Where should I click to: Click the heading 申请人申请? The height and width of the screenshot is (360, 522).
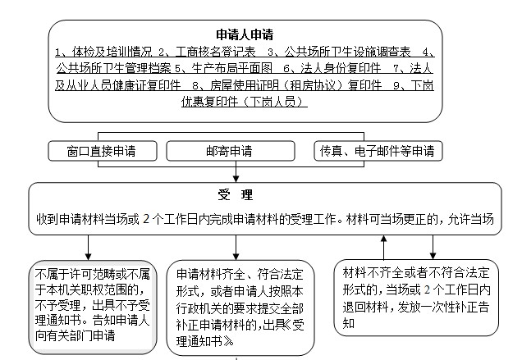(245, 34)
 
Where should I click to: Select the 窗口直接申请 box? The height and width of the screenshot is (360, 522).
(103, 151)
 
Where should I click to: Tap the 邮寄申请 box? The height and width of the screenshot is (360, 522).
(231, 151)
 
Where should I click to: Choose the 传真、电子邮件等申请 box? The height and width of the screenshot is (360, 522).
(378, 151)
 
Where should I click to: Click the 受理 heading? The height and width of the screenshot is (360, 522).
(236, 194)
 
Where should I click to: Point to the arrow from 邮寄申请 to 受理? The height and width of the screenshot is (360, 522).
(236, 171)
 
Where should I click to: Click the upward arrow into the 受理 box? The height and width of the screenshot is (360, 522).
(383, 248)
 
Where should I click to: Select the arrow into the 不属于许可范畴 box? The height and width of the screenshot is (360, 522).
(88, 248)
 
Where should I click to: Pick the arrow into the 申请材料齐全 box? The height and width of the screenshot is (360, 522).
(236, 248)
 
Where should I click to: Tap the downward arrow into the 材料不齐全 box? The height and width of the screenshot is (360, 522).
(433, 247)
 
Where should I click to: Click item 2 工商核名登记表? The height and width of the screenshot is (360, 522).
(207, 52)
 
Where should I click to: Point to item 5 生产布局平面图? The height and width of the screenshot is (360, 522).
(223, 69)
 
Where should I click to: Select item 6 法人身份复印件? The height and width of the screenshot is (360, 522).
(332, 69)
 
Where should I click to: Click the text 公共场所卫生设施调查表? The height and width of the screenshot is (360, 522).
(347, 52)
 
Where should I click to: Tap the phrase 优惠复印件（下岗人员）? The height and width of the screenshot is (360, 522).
(244, 102)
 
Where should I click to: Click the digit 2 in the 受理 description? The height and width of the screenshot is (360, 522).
(146, 220)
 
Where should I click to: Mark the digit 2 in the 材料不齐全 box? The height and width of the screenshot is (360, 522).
(427, 289)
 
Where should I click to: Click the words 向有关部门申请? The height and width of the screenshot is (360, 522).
(75, 335)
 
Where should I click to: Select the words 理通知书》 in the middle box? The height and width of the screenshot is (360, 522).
(205, 341)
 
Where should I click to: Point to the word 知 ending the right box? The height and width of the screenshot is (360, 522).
(349, 323)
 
